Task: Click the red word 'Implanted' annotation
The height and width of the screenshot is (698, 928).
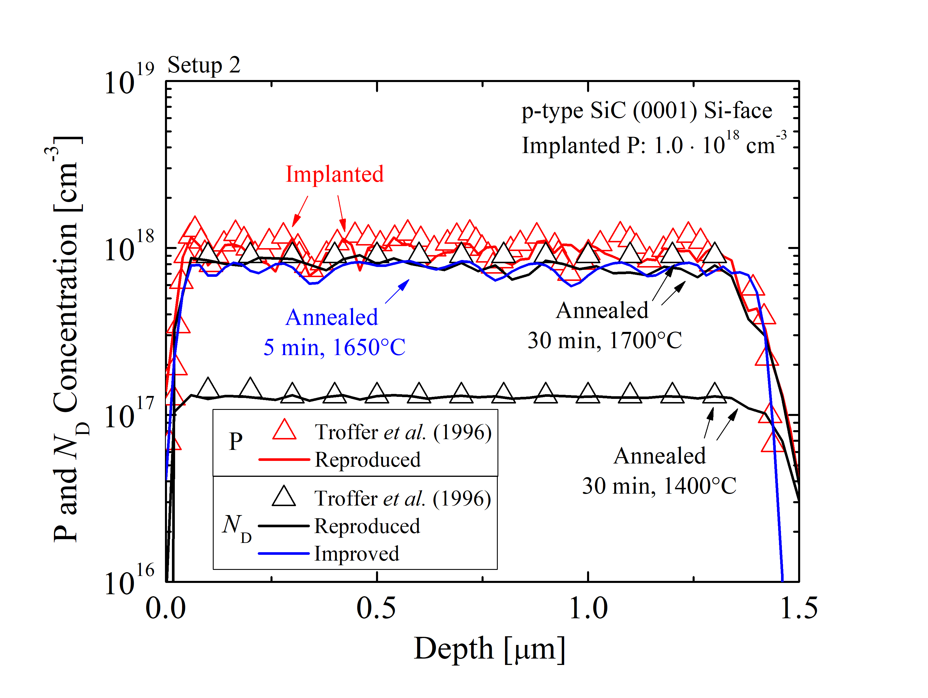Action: coord(334,174)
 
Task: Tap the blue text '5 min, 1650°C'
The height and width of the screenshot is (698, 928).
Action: coord(334,347)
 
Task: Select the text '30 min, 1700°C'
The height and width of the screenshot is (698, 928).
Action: coord(604,340)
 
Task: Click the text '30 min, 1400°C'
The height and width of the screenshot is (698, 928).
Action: coord(659,486)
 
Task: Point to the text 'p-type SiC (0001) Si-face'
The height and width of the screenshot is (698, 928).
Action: coord(646,111)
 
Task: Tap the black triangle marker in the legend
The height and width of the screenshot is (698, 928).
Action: coord(284,497)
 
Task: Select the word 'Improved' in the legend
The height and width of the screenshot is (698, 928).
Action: coord(357,554)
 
